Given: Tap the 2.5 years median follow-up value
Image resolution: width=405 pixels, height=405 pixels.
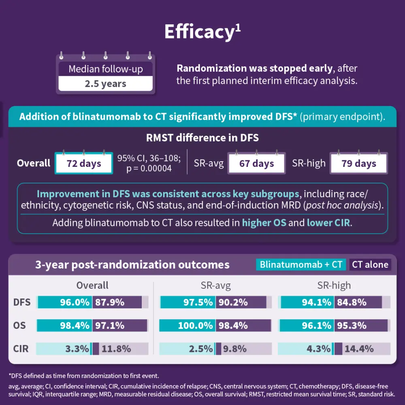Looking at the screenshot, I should click(x=105, y=84).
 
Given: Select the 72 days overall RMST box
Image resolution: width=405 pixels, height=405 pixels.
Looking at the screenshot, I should click(x=83, y=164).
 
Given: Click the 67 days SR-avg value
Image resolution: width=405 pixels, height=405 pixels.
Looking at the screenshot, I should click(x=256, y=164).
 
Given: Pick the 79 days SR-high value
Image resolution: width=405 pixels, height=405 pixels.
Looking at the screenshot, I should click(x=358, y=164).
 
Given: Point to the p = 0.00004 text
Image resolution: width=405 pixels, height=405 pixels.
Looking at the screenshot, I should click(x=149, y=168).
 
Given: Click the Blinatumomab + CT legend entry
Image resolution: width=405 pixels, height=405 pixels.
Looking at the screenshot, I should click(x=301, y=265).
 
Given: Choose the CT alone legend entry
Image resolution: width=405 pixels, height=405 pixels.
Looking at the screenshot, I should click(x=370, y=265).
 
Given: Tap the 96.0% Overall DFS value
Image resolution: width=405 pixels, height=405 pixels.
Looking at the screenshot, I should click(x=75, y=302).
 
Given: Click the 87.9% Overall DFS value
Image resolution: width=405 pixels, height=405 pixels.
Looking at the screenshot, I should click(x=109, y=302).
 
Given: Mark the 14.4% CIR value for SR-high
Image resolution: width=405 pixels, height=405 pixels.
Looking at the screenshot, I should click(x=359, y=349).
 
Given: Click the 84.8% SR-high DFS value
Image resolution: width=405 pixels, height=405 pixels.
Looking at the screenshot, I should click(x=351, y=302).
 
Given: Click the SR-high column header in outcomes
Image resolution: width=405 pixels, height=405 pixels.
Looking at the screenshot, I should click(x=334, y=286).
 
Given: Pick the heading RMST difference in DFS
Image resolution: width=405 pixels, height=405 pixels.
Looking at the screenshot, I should click(x=202, y=138).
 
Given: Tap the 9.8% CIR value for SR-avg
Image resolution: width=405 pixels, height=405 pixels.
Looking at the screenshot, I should click(x=234, y=349).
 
